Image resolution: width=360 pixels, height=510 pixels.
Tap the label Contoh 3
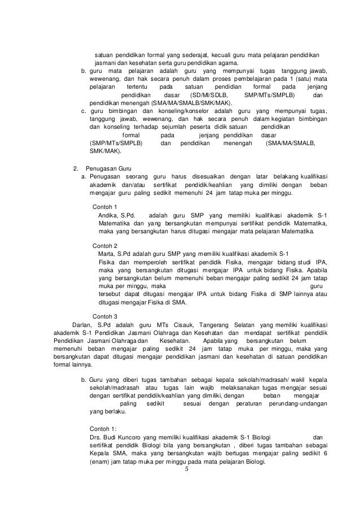(x=104, y=316)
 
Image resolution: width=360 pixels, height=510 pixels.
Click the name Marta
(x=107, y=253)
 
